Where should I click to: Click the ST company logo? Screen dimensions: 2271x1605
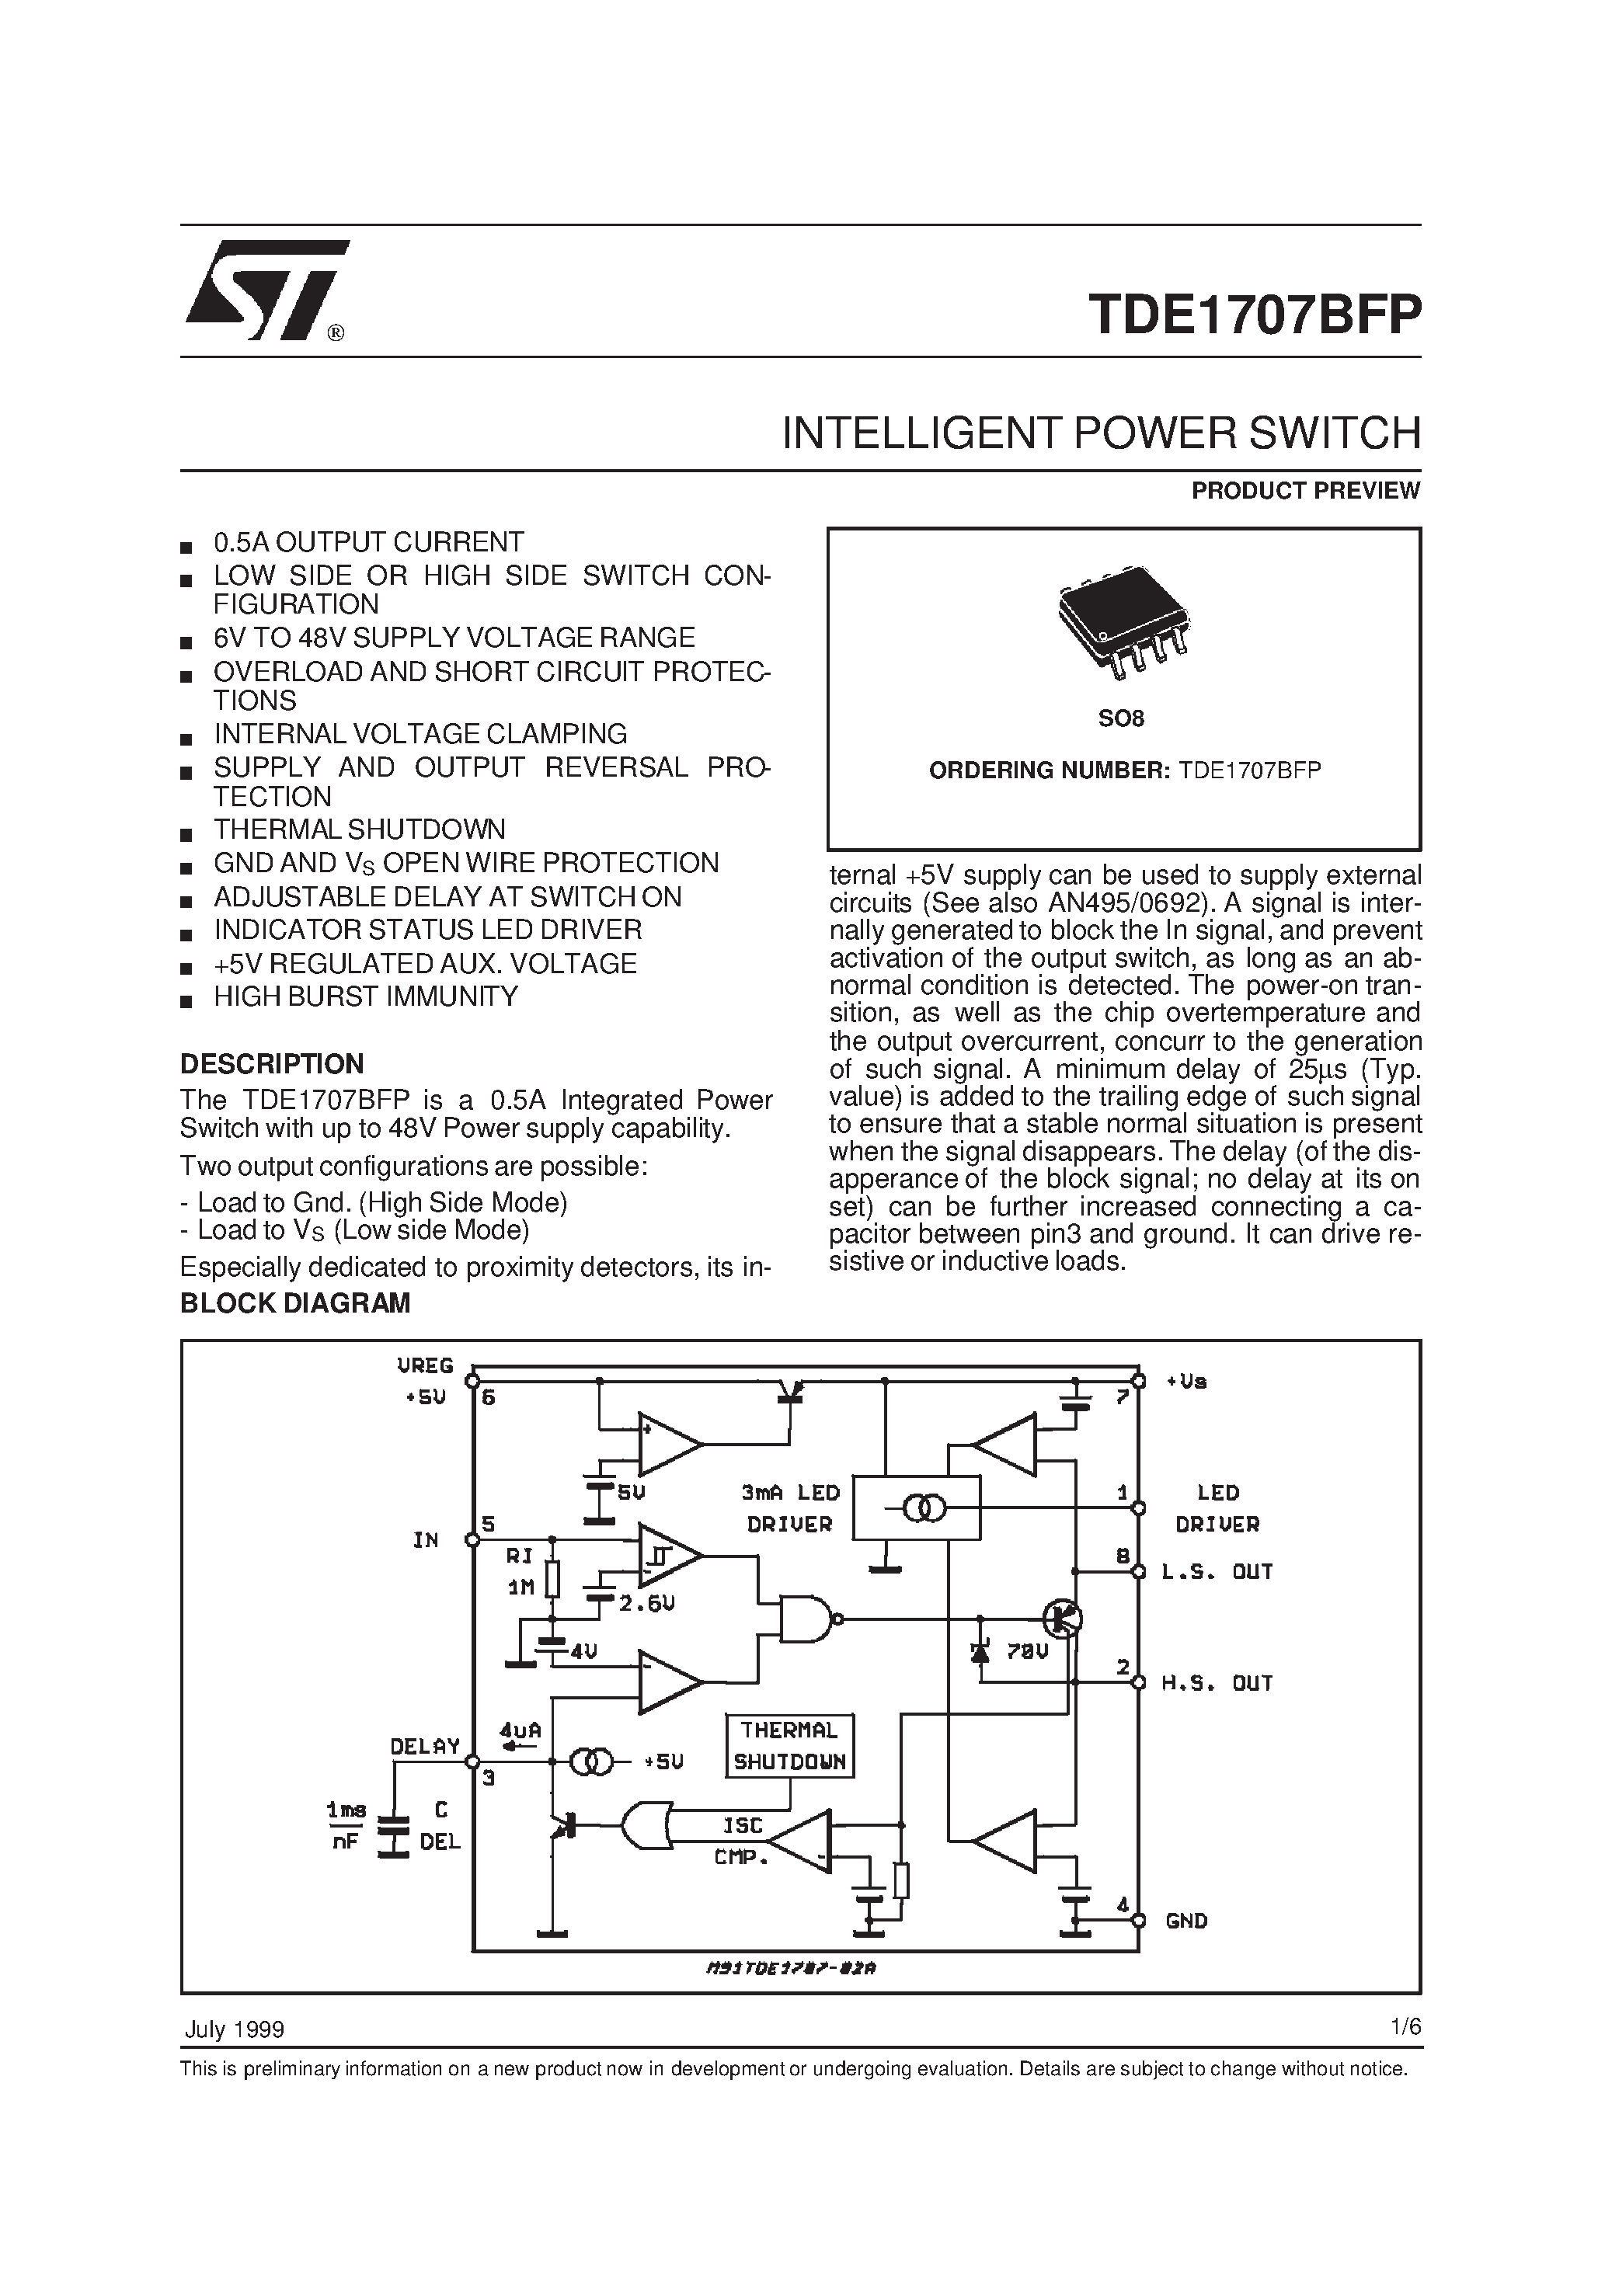pos(265,290)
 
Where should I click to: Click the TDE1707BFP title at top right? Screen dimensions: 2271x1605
pos(1254,315)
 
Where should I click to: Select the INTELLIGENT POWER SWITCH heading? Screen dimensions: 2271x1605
pos(1100,434)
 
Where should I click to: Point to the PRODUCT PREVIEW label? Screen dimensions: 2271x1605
pos(1305,491)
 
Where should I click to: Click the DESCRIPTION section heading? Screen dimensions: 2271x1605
pos(271,1064)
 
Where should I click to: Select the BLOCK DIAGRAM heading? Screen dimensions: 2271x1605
pos(295,1303)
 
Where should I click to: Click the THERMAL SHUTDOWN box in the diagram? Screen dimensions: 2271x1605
pos(789,1746)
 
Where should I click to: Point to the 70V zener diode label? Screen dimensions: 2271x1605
pos(1026,1651)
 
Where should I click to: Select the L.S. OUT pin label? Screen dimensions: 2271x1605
pos(1216,1572)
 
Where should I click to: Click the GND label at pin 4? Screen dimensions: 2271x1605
pos(1186,1921)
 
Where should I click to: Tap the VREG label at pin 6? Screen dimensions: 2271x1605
pos(424,1366)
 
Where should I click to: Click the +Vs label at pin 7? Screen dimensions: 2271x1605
pos(1186,1381)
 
